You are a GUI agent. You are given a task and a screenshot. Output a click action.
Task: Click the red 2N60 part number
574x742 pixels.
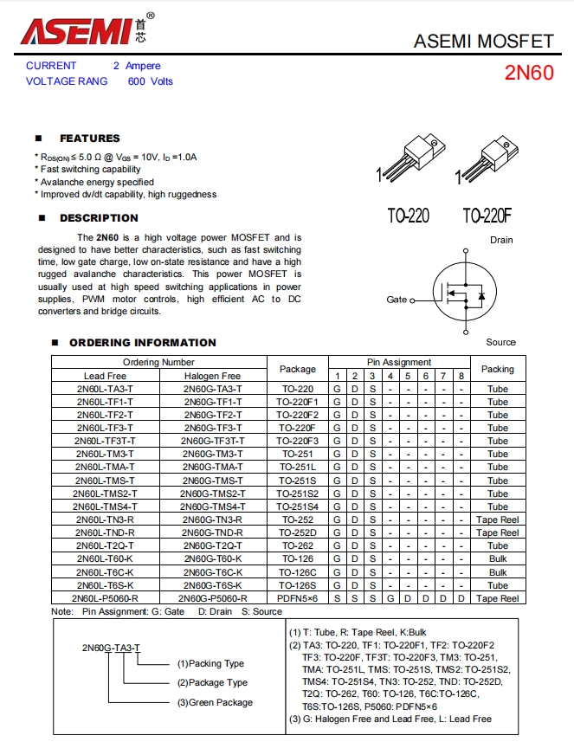pos(528,73)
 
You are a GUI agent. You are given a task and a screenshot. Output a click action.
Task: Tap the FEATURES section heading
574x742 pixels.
pos(89,139)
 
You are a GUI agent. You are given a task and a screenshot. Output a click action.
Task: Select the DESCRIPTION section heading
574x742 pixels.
pos(99,218)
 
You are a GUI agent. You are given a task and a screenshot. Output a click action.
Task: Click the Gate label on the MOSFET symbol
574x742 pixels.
pos(397,300)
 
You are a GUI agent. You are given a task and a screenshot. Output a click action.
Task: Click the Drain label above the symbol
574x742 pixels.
pos(501,240)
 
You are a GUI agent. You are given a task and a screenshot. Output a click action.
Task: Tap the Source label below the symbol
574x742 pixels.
pos(500,343)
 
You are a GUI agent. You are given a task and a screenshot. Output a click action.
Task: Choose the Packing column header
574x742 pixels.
pos(497,369)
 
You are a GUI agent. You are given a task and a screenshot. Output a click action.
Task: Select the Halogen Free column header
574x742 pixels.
pos(212,376)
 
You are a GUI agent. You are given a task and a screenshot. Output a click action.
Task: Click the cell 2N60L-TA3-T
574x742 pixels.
pos(105,389)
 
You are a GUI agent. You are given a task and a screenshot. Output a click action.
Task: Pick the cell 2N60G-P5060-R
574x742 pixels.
pos(212,598)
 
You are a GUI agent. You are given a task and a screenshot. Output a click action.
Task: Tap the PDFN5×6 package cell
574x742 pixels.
pos(298,598)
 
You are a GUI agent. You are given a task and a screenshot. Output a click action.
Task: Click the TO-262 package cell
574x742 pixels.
pos(298,545)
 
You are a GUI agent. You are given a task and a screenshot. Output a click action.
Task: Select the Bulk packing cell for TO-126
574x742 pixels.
pos(497,559)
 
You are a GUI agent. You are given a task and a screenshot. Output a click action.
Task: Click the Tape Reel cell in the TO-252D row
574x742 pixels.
pos(497,532)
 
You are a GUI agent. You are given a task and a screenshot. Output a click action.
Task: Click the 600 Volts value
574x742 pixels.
pos(151,81)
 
